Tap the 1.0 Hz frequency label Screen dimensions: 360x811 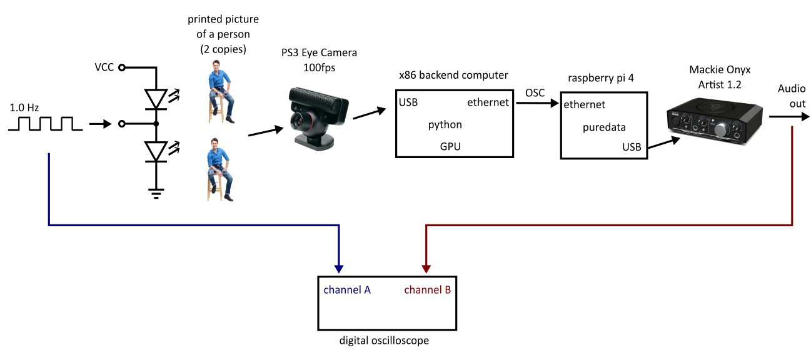(x=24, y=107)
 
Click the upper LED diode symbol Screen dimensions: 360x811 (x=156, y=97)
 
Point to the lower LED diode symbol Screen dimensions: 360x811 (x=156, y=151)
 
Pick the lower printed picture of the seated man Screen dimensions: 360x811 (x=219, y=169)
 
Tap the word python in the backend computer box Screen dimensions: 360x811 (x=445, y=124)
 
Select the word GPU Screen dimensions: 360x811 (x=452, y=146)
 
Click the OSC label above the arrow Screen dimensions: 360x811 (x=535, y=92)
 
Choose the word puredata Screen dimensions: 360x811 (x=603, y=127)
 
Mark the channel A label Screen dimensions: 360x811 (x=347, y=290)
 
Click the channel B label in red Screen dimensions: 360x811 (x=428, y=290)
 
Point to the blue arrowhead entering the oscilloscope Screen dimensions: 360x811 (x=339, y=267)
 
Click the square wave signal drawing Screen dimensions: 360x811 (x=45, y=124)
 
